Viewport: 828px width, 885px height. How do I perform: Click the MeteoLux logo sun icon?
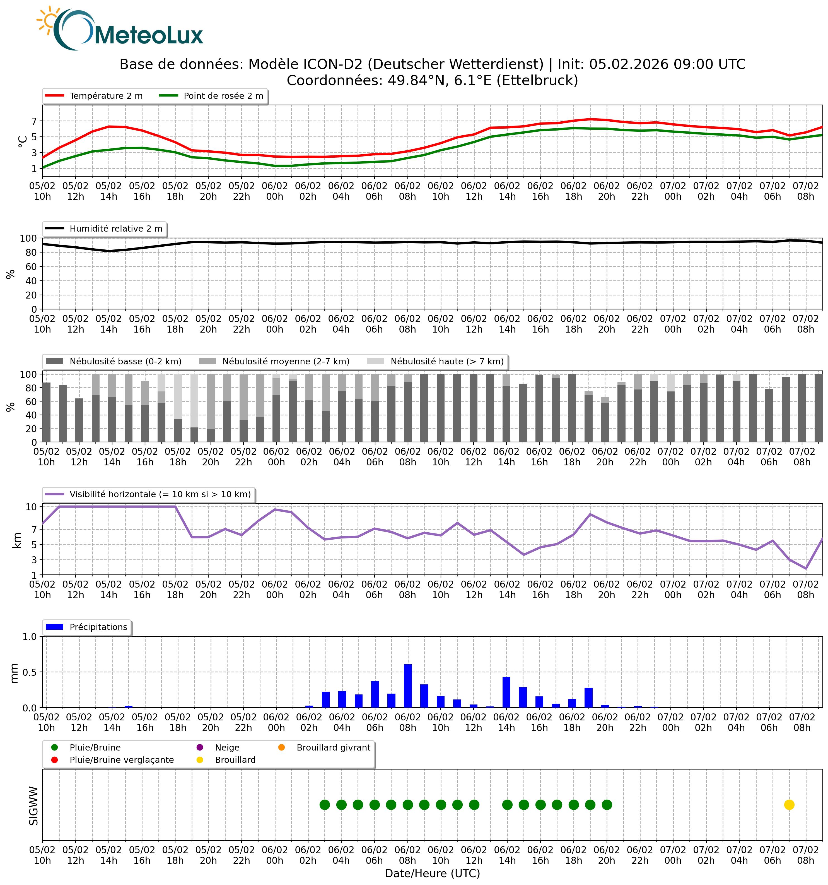coord(49,20)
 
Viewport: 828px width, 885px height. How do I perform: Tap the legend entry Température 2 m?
coord(106,96)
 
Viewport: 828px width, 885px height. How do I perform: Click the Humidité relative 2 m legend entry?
coord(116,229)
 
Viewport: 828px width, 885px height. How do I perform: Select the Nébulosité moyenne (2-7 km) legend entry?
coord(286,362)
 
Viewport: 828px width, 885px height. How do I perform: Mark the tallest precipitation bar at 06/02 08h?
coord(407,686)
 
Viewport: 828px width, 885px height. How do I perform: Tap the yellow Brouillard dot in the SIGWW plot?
coord(789,805)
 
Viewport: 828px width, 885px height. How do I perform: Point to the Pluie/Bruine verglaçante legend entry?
coord(122,760)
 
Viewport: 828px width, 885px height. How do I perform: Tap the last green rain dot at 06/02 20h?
coord(607,805)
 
